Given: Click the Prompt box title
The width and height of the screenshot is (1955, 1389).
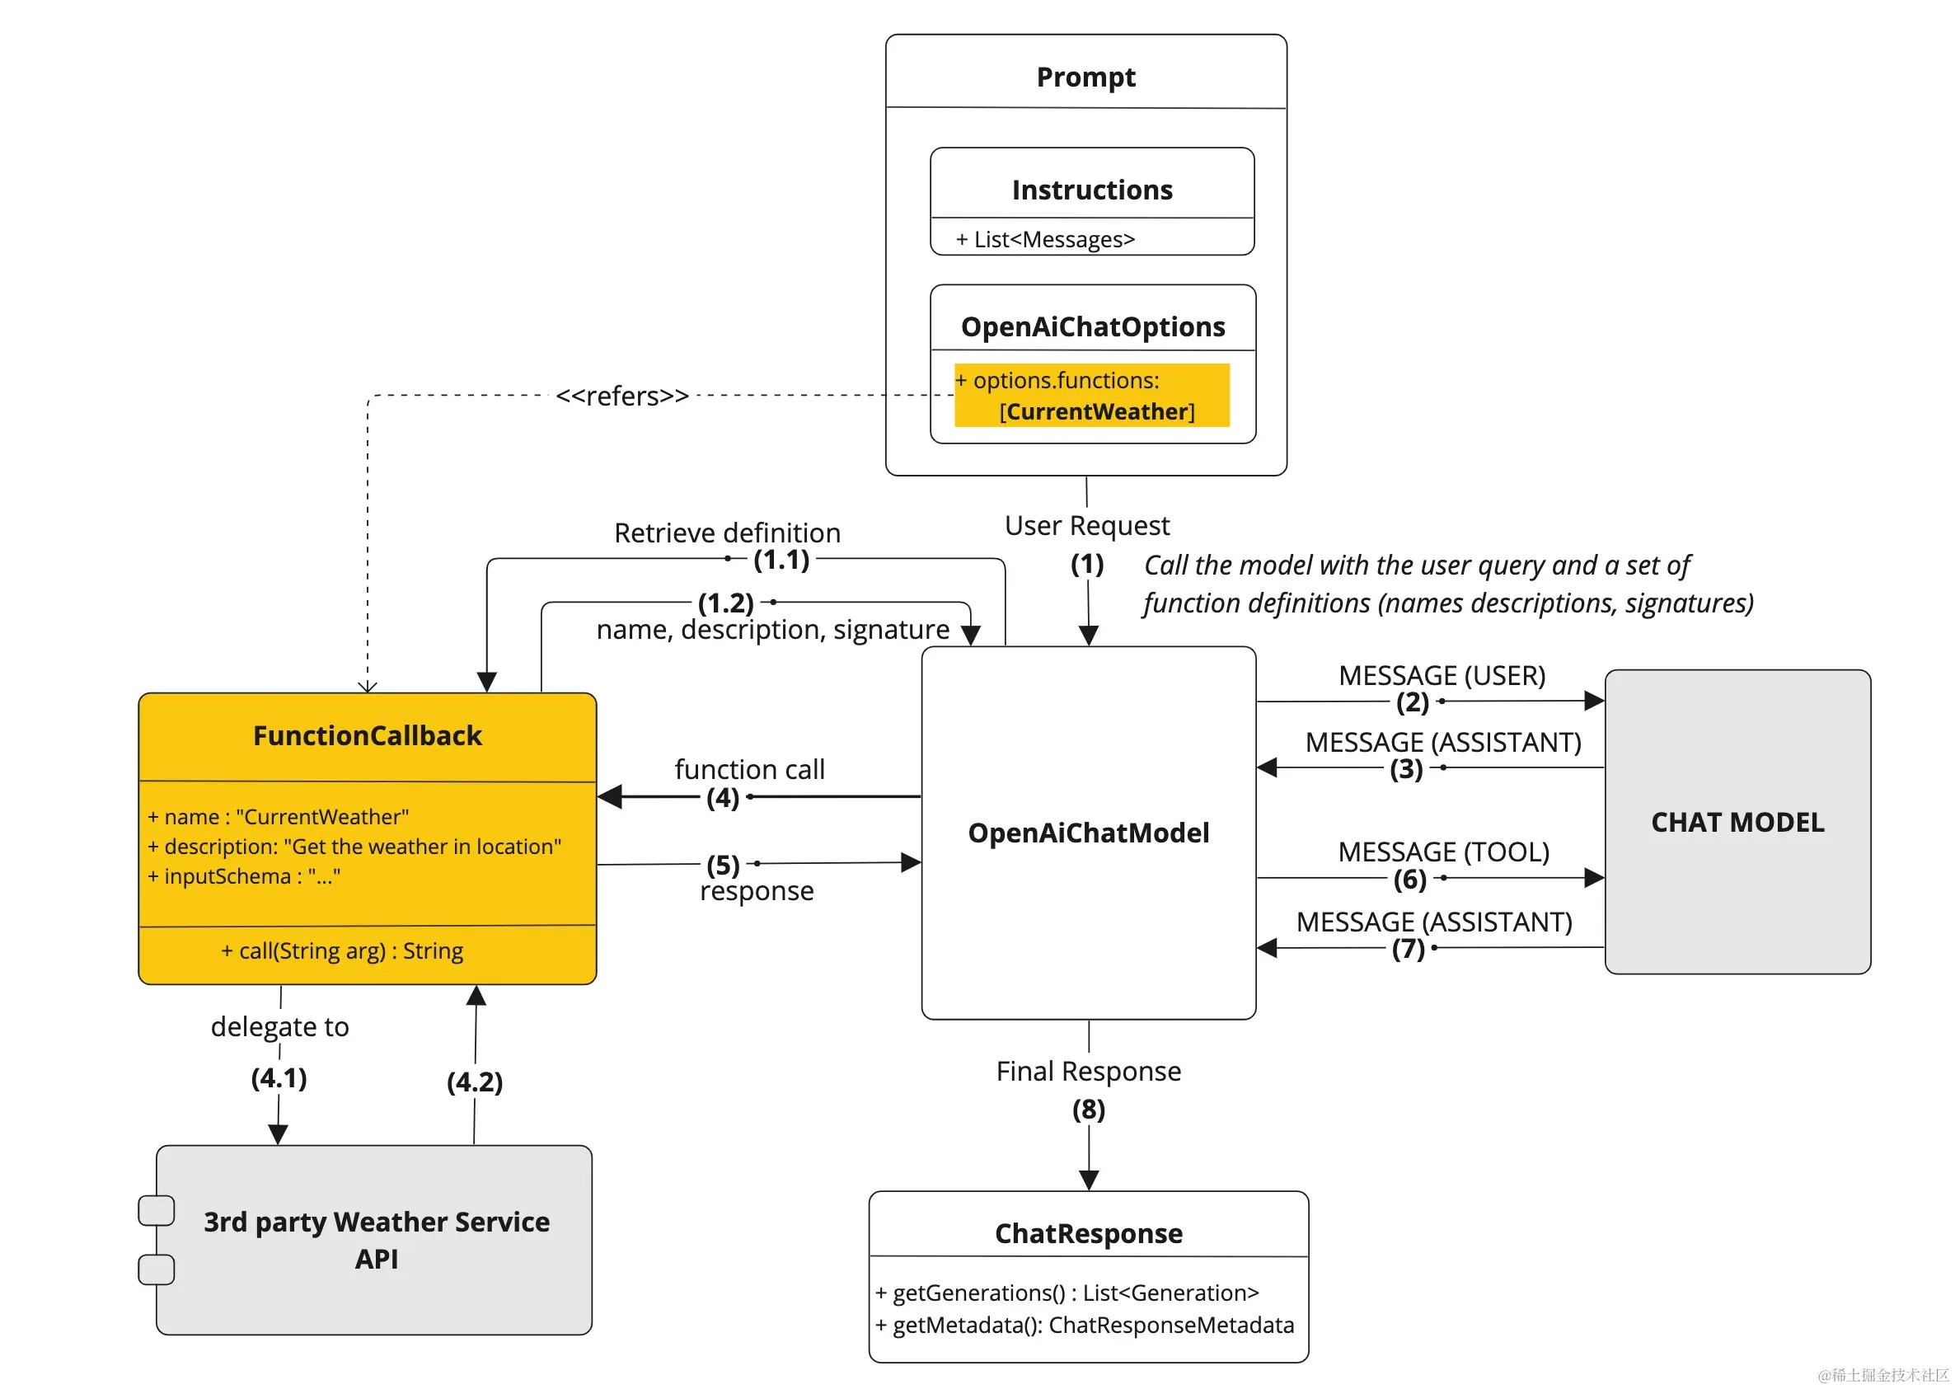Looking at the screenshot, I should point(1085,77).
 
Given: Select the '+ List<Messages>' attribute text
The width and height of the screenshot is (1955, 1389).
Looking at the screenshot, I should point(1044,240).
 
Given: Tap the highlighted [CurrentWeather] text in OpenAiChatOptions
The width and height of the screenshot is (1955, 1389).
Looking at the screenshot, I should point(1096,411).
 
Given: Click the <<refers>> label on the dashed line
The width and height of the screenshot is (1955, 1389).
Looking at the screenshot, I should point(621,396).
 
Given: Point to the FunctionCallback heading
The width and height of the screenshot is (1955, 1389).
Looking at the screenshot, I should point(367,735).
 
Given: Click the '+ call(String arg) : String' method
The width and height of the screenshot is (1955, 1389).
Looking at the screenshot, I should point(342,951).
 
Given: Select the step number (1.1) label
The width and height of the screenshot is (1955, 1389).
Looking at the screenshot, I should point(781,561).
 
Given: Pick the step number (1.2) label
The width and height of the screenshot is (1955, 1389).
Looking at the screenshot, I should point(725,603).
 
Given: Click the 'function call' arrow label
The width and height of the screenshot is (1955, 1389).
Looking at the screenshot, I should point(749,769).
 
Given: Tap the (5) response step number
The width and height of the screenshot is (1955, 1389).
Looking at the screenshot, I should point(723,865).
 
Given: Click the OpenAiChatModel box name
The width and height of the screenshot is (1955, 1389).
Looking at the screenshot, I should point(1088,833).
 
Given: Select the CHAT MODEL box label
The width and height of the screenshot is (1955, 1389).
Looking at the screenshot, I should point(1736,822).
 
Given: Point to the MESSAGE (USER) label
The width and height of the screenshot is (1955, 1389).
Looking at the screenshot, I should point(1441,676).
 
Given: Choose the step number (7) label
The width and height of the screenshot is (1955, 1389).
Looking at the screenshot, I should point(1408,949).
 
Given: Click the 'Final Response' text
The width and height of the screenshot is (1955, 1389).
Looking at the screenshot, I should point(1088,1071).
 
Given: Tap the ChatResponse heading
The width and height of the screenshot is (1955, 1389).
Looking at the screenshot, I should point(1088,1233).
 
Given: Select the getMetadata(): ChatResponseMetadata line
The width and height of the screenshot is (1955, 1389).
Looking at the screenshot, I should point(1085,1325).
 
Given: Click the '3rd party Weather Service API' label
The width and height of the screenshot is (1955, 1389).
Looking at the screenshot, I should point(377,1239).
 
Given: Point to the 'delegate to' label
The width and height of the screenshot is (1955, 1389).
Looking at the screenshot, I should point(279,1026).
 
